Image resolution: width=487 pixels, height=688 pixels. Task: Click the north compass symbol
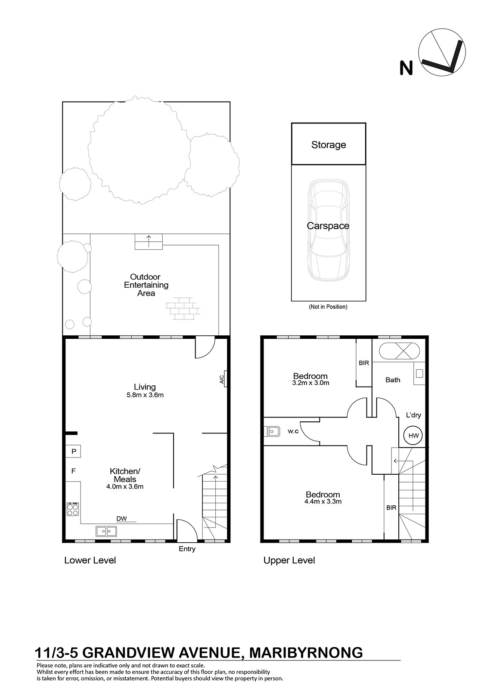(442, 52)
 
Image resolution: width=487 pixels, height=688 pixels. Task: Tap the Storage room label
(329, 144)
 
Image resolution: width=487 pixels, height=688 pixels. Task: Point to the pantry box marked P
(73, 451)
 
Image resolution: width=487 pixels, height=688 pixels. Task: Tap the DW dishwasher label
(121, 519)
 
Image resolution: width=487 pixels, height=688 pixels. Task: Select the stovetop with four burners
(73, 509)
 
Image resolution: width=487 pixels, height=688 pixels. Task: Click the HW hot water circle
(413, 435)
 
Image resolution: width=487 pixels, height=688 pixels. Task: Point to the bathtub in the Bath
(399, 351)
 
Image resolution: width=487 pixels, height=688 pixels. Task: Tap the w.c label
(293, 431)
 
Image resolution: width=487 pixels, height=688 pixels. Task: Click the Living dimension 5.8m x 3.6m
(145, 395)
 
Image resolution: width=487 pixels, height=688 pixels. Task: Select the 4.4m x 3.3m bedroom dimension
(323, 501)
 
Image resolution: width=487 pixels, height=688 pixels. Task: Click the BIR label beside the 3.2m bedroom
(363, 363)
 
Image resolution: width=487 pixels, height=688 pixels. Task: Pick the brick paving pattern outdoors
(183, 309)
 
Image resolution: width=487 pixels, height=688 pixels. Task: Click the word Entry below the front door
(187, 549)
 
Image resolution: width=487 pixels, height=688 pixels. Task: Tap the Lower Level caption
(90, 560)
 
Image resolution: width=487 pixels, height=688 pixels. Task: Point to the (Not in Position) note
(328, 307)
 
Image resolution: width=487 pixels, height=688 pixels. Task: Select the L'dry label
(413, 415)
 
